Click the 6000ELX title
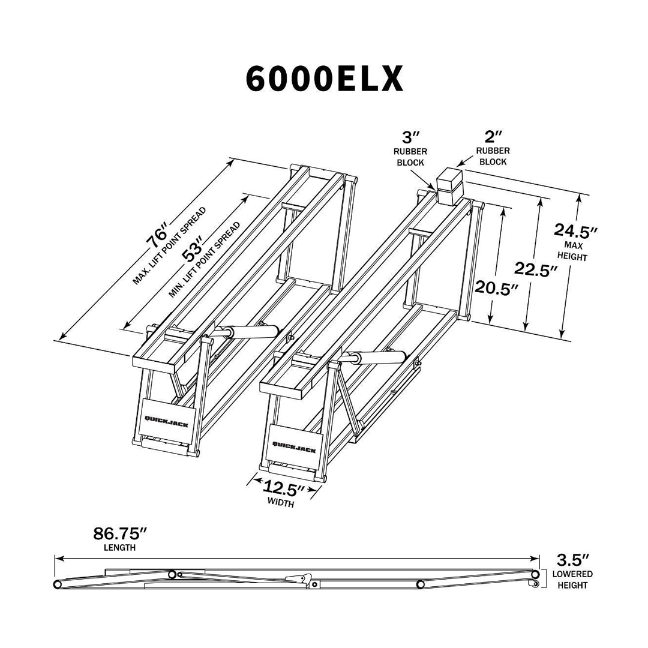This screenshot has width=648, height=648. pyautogui.click(x=324, y=78)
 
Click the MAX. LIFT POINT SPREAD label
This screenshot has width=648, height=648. pyautogui.click(x=170, y=246)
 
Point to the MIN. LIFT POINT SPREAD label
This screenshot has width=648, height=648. pyautogui.click(x=205, y=260)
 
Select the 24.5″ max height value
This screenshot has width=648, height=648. pyautogui.click(x=575, y=230)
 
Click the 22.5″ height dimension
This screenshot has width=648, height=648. pyautogui.click(x=532, y=270)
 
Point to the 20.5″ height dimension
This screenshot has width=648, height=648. pyautogui.click(x=496, y=288)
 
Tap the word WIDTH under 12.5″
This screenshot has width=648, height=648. pyautogui.click(x=281, y=504)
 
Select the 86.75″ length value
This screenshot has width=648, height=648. pyautogui.click(x=120, y=533)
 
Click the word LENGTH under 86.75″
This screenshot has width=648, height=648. pyautogui.click(x=120, y=547)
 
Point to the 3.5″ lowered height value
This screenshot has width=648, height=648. pyautogui.click(x=573, y=560)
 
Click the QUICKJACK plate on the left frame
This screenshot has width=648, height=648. pyautogui.click(x=166, y=421)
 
